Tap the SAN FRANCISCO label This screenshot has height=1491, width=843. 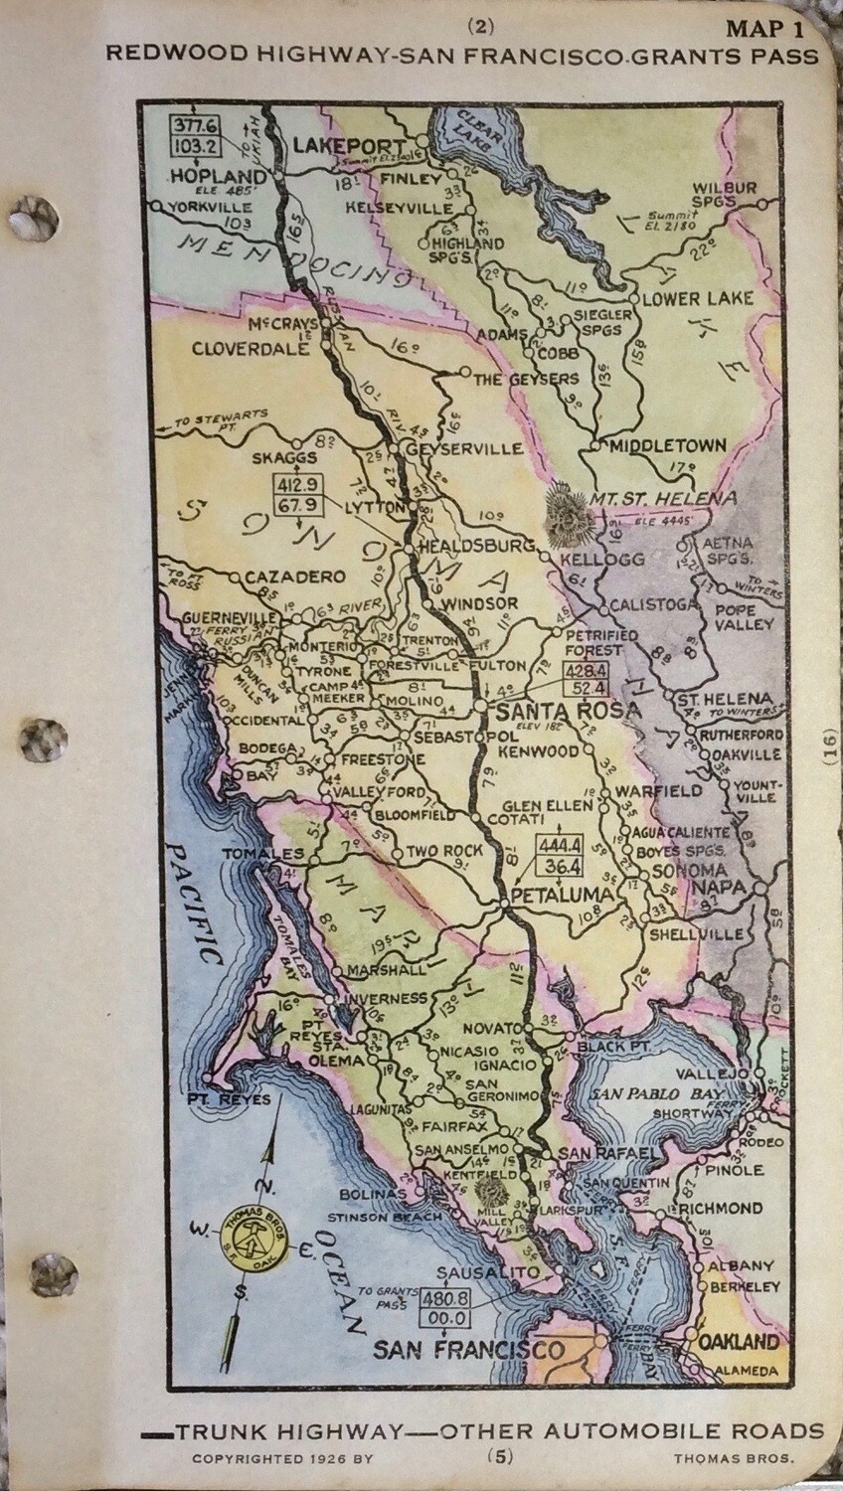pyautogui.click(x=468, y=1350)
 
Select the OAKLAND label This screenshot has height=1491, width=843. pyautogui.click(x=739, y=1341)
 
